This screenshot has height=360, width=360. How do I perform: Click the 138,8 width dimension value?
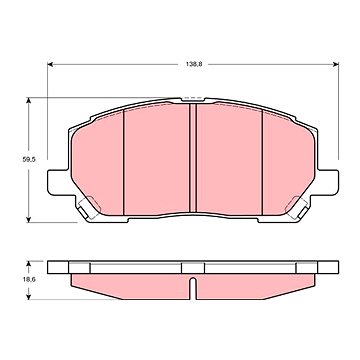pyautogui.click(x=194, y=64)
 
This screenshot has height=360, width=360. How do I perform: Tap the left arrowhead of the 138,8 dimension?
pyautogui.click(x=50, y=64)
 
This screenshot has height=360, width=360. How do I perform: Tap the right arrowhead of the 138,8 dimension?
pyautogui.click(x=336, y=64)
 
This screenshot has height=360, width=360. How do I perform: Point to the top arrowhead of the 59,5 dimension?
pyautogui.click(x=29, y=100)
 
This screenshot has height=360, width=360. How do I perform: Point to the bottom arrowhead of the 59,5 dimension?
pyautogui.click(x=29, y=220)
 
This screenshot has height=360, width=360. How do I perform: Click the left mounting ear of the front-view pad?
pyautogui.click(x=59, y=182)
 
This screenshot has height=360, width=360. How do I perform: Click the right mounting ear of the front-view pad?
pyautogui.click(x=327, y=182)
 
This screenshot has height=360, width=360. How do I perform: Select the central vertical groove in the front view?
pyautogui.click(x=193, y=157)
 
